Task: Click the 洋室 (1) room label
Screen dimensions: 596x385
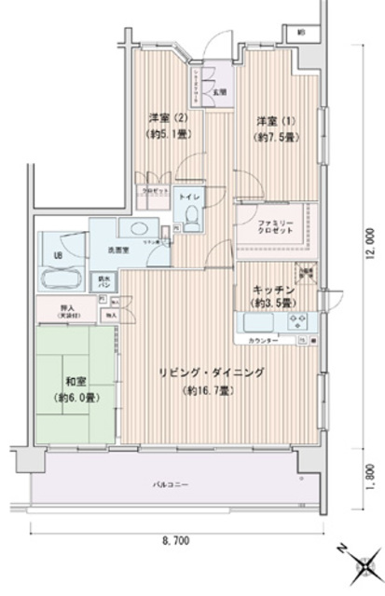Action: pos(268,121)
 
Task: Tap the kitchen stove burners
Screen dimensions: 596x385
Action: pos(299,323)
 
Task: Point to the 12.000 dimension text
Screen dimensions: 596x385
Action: pos(370,243)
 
